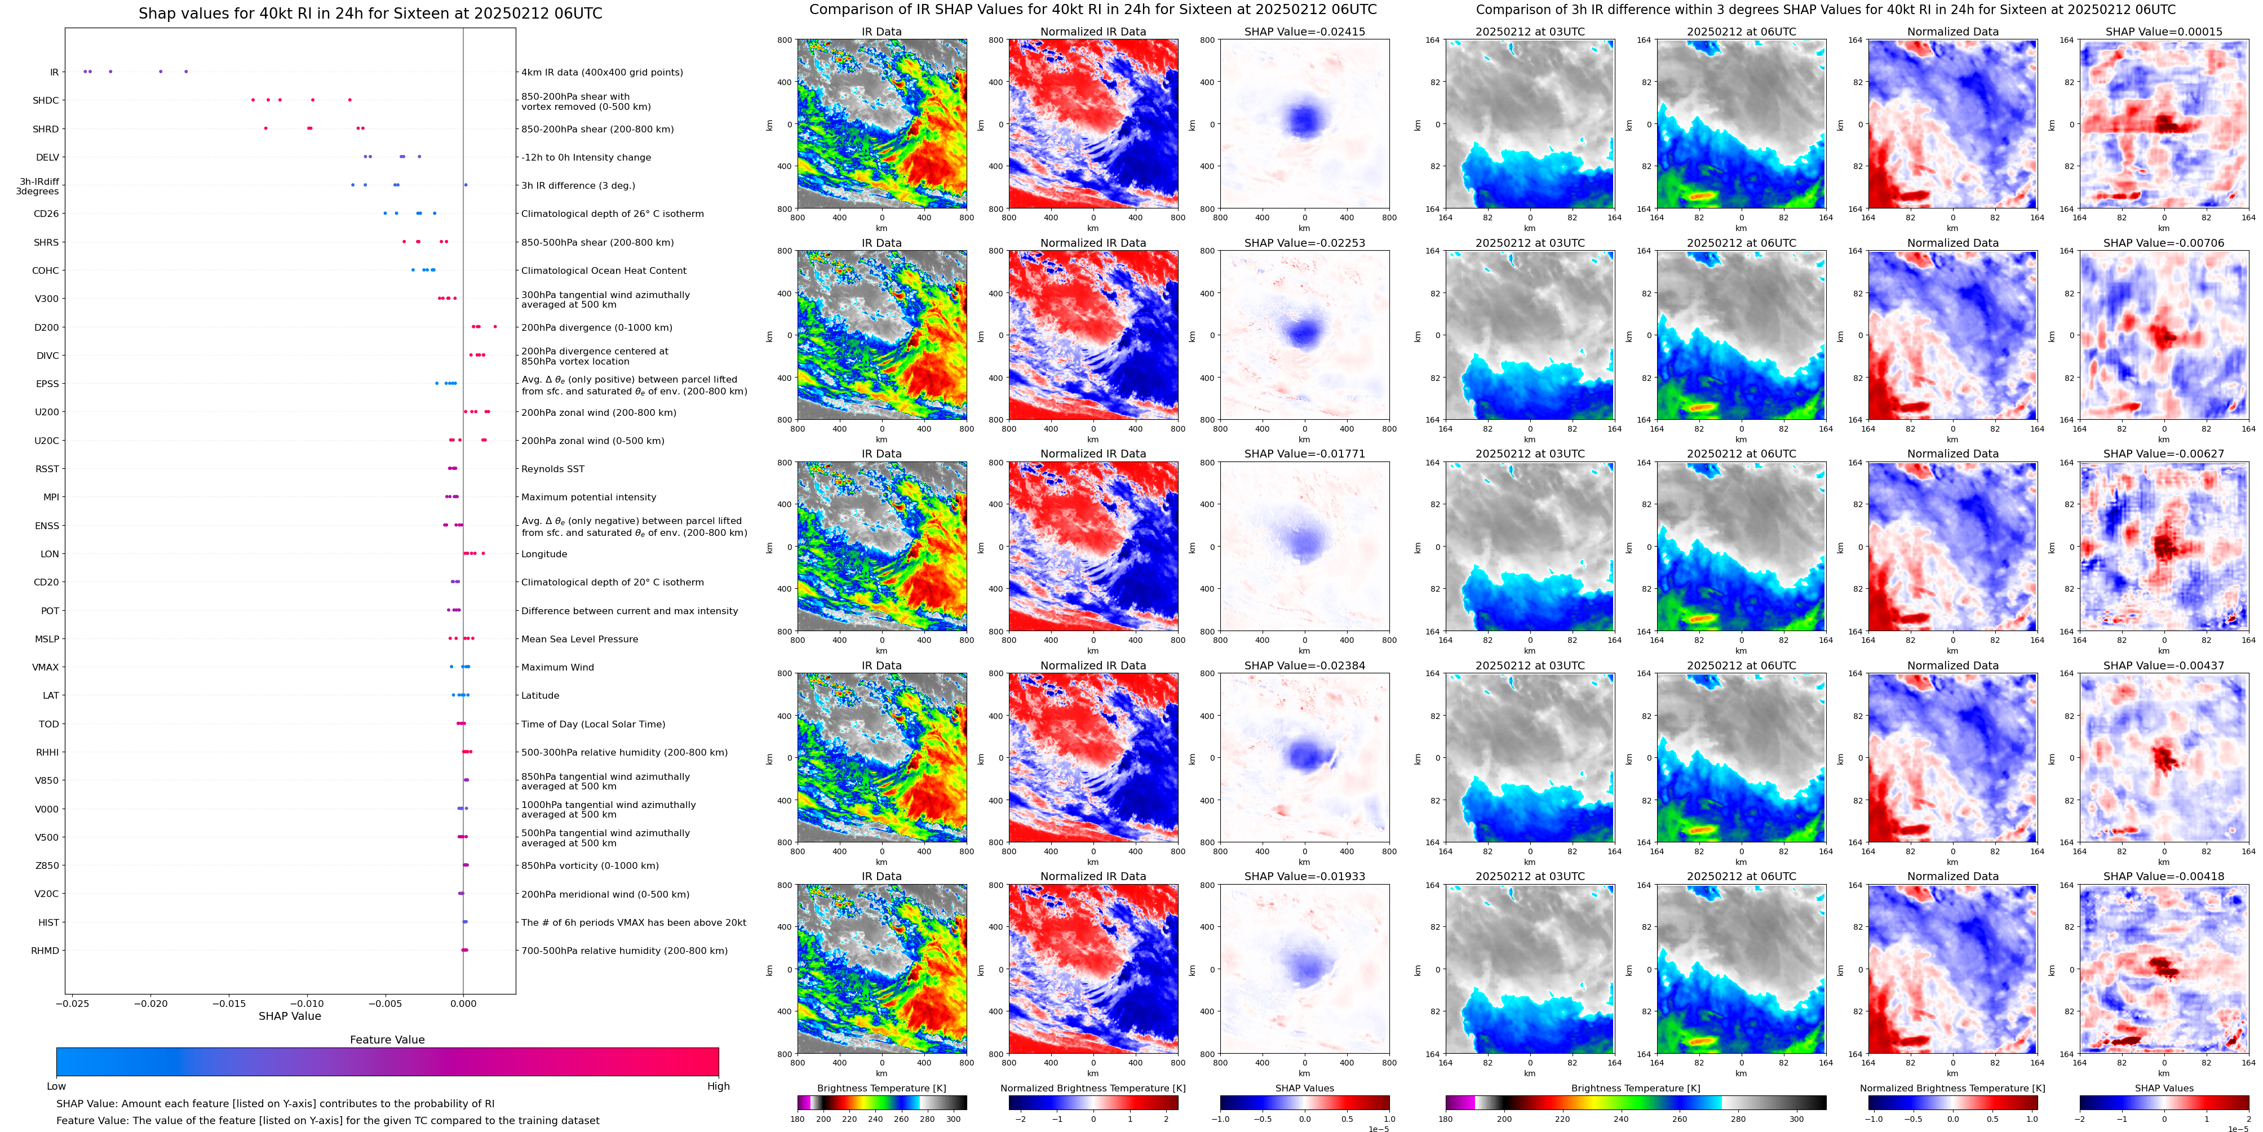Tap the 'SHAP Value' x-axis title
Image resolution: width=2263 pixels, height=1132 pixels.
pos(289,1016)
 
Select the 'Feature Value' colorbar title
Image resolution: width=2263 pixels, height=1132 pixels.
pos(387,1040)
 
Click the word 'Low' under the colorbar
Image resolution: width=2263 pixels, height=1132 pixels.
pos(56,1086)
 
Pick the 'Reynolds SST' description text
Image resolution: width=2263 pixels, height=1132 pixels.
pos(552,469)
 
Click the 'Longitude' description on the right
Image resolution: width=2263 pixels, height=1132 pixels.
pos(544,554)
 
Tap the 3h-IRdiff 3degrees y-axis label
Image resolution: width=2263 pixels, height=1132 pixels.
pos(38,186)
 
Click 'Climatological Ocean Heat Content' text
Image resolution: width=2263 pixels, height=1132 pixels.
pos(604,270)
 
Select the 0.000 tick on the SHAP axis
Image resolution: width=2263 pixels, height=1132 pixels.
pos(463,1003)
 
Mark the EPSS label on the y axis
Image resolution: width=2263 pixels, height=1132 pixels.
pos(47,384)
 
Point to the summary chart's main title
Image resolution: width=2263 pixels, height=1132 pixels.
pos(370,13)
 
